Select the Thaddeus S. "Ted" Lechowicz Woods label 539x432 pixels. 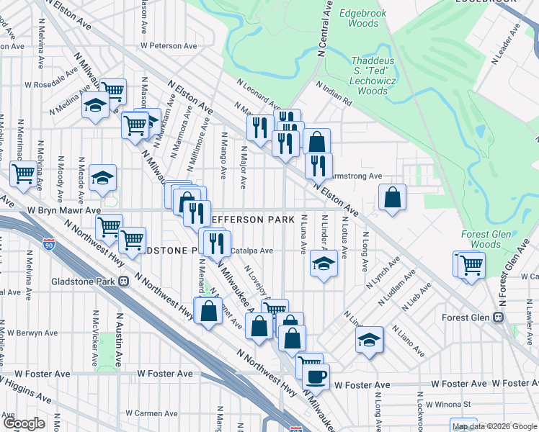pyautogui.click(x=373, y=76)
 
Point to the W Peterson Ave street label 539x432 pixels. pyautogui.click(x=170, y=45)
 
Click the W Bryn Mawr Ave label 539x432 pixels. pyautogui.click(x=64, y=210)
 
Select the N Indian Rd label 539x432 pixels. pyautogui.click(x=335, y=94)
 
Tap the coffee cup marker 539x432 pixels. pyautogui.click(x=315, y=375)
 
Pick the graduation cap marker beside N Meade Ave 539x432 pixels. pyautogui.click(x=103, y=177)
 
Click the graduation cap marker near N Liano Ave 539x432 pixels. pyautogui.click(x=370, y=338)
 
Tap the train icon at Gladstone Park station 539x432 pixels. pyautogui.click(x=124, y=280)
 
